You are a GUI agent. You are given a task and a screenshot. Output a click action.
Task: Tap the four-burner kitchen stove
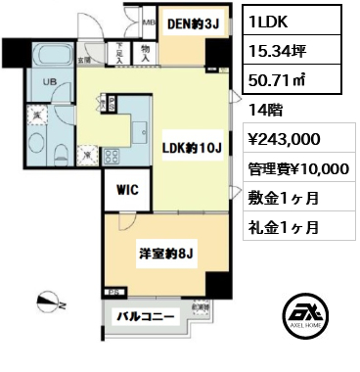tap(105, 154)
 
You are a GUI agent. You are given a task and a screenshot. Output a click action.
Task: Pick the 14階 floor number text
tap(263, 110)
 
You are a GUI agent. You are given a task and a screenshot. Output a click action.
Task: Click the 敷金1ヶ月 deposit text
tap(282, 198)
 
